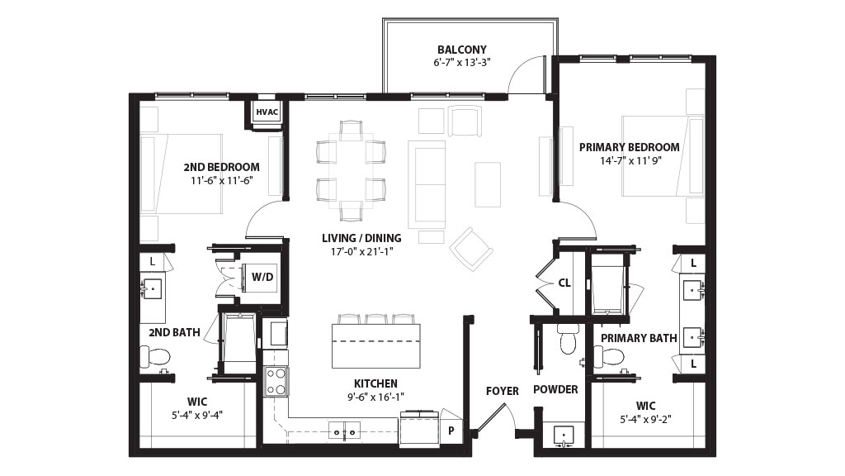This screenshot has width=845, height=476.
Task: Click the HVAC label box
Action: (267, 112)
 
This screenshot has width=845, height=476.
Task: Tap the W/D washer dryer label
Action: (262, 277)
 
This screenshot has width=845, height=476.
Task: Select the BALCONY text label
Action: (462, 50)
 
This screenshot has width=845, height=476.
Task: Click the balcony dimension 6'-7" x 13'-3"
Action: (462, 62)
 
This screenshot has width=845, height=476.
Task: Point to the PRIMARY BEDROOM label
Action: (630, 147)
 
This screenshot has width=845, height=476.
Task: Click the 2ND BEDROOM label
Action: (221, 167)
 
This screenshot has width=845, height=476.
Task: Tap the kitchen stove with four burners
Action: (276, 382)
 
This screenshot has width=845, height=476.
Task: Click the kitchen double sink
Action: (345, 431)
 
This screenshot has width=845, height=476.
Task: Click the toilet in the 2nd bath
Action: (155, 357)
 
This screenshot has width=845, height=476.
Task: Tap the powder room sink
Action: (564, 435)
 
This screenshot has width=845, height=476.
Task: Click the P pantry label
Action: (451, 431)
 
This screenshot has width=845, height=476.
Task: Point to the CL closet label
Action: (564, 283)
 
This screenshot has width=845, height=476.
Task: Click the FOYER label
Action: (503, 391)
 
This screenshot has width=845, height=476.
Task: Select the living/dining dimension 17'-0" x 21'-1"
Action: (361, 251)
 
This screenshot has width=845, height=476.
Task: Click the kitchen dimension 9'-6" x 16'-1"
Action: (375, 397)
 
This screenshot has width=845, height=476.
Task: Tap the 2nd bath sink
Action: (153, 289)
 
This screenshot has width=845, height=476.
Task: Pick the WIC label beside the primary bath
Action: (645, 406)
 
